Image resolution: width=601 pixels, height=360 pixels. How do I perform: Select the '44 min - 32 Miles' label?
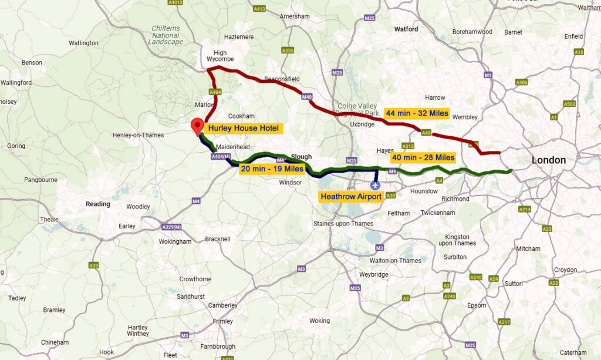(417, 113)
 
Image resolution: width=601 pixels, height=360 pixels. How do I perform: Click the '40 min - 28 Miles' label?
(423, 157)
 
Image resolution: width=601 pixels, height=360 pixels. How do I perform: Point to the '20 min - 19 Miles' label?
(271, 169)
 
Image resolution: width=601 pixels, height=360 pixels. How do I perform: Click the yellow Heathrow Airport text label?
(350, 197)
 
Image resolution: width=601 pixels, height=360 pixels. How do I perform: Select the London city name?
(548, 160)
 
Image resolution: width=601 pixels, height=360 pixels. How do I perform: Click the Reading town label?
(98, 204)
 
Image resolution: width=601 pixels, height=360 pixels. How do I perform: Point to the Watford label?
(406, 29)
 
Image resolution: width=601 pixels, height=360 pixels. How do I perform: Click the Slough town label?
(301, 157)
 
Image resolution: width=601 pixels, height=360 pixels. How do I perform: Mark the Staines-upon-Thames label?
(343, 223)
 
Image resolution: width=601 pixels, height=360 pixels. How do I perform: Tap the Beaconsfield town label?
(282, 78)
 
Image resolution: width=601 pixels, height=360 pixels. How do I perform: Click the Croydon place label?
(565, 270)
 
